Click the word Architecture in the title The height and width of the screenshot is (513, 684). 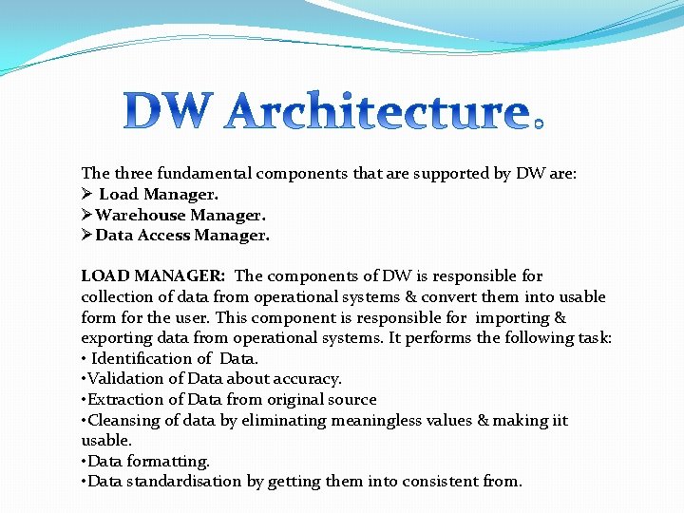(x=376, y=113)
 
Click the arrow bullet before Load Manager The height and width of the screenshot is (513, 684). (x=86, y=194)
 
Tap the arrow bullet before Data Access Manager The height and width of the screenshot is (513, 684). (x=86, y=236)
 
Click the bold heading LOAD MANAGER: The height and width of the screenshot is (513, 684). (x=153, y=276)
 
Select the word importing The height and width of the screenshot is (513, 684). (x=513, y=318)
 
